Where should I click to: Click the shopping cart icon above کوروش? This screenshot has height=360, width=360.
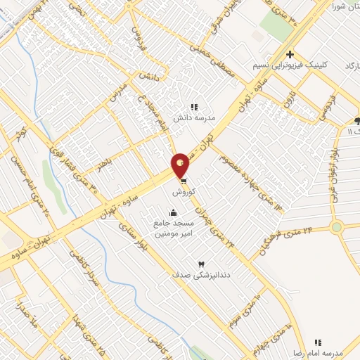click(184, 179)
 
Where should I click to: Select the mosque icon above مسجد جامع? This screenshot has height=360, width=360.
click(173, 213)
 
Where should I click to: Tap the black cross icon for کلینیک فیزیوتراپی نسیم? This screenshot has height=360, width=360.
click(290, 55)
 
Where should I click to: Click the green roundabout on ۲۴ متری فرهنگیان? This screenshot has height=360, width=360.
click(337, 227)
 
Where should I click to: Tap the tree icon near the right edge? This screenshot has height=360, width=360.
click(356, 120)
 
